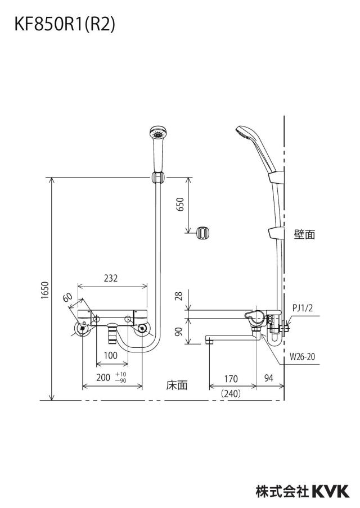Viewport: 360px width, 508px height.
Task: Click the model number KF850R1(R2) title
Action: point(65,24)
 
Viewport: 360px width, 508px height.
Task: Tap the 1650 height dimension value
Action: point(45,291)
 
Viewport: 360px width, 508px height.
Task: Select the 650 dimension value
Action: point(180,204)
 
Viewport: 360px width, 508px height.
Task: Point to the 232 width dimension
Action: point(111,278)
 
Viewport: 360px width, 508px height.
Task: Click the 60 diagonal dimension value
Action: point(67,297)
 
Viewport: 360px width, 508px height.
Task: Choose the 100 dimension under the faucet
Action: point(111,355)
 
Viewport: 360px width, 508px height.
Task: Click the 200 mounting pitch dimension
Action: point(103,377)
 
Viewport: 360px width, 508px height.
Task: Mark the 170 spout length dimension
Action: point(231,378)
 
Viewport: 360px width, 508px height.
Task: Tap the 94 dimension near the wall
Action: point(268,378)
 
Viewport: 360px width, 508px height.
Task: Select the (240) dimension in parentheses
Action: point(231,393)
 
